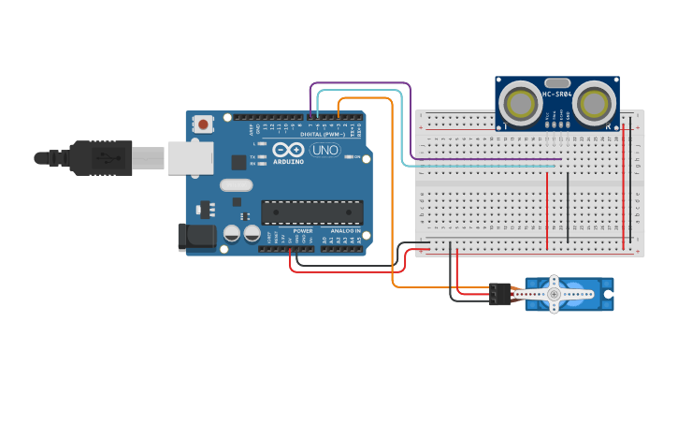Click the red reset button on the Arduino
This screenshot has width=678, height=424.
click(x=203, y=124)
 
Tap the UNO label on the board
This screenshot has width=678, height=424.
click(x=325, y=150)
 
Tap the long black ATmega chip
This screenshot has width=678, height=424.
click(x=311, y=212)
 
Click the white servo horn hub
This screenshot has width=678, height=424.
click(x=554, y=294)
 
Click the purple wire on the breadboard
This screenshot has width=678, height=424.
click(x=486, y=159)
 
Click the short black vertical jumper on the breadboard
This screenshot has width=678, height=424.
click(x=567, y=206)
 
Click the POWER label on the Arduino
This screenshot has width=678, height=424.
click(x=302, y=230)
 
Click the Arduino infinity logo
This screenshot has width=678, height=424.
click(x=289, y=150)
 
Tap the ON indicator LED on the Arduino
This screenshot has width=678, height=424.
click(x=348, y=156)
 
